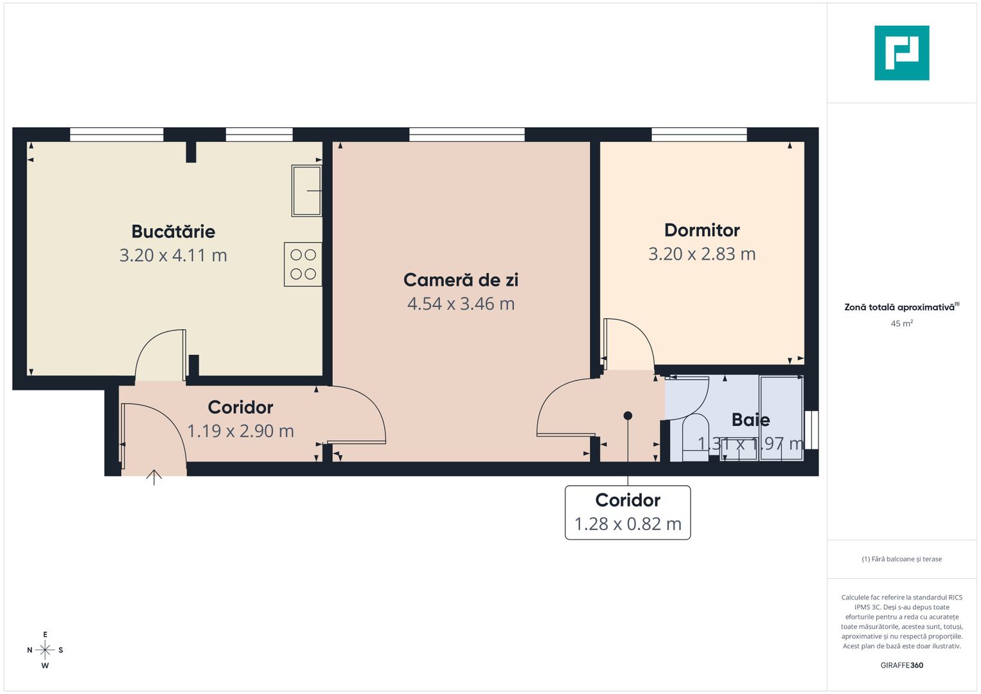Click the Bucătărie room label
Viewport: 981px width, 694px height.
click(x=173, y=231)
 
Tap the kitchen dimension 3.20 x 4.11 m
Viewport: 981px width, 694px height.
click(x=173, y=255)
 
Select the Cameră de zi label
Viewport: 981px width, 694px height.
click(x=461, y=280)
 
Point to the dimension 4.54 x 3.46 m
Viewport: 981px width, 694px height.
click(x=461, y=303)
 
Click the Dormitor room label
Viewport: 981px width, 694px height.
click(x=702, y=230)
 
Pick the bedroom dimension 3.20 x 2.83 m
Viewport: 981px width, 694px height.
click(x=702, y=254)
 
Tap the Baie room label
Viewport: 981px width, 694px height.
click(x=750, y=420)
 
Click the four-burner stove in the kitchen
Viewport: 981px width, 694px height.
click(x=303, y=264)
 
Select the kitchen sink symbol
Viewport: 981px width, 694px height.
click(x=306, y=191)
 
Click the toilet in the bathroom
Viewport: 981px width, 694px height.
click(x=694, y=437)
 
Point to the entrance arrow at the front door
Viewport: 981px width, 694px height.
click(x=154, y=477)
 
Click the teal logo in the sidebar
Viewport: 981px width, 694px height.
click(x=901, y=53)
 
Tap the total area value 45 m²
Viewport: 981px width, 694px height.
click(x=901, y=323)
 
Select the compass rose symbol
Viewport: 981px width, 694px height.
click(x=45, y=650)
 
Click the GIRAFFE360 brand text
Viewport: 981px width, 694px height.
click(x=901, y=665)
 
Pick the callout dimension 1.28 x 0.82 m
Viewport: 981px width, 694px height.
click(x=627, y=524)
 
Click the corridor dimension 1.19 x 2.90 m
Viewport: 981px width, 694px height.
click(x=240, y=431)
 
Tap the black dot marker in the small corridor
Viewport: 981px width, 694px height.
click(x=628, y=416)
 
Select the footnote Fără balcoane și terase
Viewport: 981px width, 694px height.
click(x=901, y=559)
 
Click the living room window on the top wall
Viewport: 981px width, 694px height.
click(x=466, y=134)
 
